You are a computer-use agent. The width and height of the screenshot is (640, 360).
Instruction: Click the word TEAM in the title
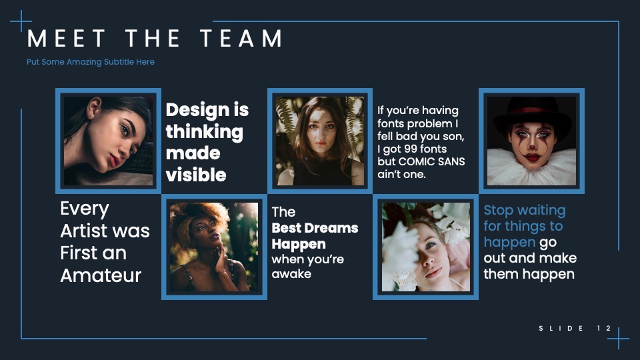(241, 39)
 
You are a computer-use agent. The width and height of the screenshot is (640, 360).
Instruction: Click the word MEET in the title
(66, 39)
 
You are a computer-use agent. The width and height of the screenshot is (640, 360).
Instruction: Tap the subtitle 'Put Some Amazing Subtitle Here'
(91, 62)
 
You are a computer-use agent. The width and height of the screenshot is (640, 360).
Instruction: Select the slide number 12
(604, 328)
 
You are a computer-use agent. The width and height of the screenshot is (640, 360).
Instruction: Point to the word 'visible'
(196, 175)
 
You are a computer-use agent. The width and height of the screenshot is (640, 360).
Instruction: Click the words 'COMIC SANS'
(431, 161)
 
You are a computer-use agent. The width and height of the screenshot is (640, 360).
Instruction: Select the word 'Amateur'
(101, 275)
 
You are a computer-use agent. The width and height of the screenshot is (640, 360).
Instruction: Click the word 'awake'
(291, 274)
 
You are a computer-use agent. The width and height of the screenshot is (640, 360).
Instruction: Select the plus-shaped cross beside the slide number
(619, 339)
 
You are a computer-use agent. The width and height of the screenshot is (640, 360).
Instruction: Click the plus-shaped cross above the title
(21, 21)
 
